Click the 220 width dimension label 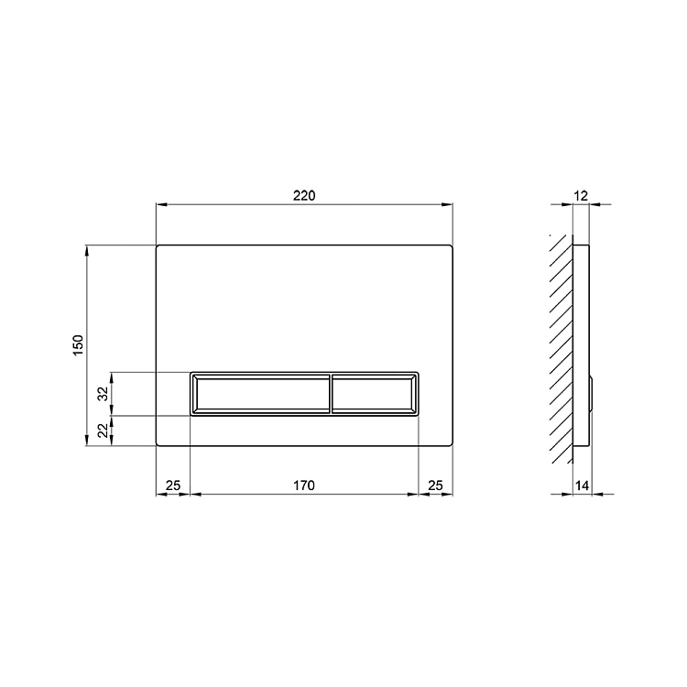pyautogui.click(x=304, y=195)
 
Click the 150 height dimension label pyautogui.click(x=78, y=345)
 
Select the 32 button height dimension pyautogui.click(x=103, y=394)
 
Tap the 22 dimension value pyautogui.click(x=103, y=431)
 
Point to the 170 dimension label pyautogui.click(x=304, y=485)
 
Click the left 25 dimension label pyautogui.click(x=173, y=485)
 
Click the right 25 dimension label pyautogui.click(x=435, y=485)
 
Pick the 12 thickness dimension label pyautogui.click(x=581, y=195)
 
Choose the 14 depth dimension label pyautogui.click(x=582, y=485)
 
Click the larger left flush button pyautogui.click(x=261, y=394)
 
